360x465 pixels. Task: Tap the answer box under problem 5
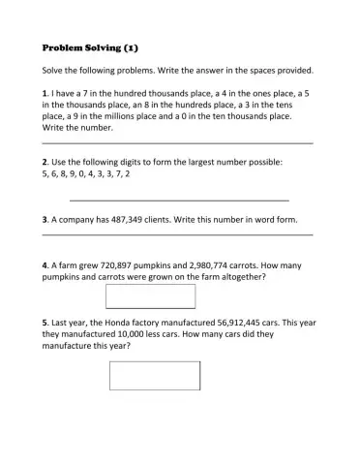coord(155,375)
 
